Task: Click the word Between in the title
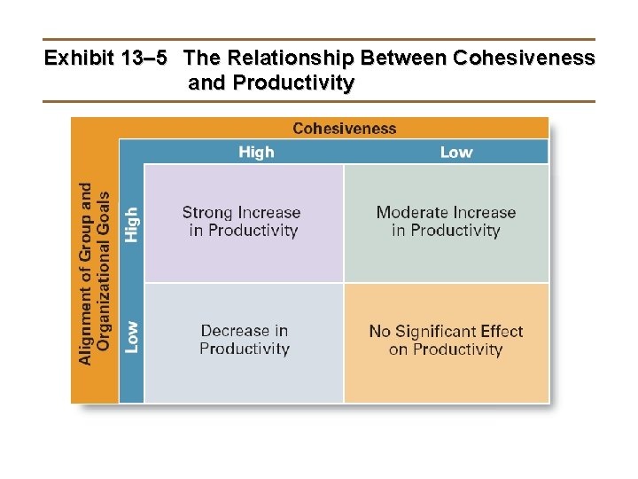click(x=402, y=59)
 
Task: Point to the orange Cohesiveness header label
click(x=345, y=129)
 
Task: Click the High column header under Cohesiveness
click(x=256, y=152)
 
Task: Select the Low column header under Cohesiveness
click(x=456, y=152)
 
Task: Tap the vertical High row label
click(x=131, y=224)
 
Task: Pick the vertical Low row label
click(x=131, y=337)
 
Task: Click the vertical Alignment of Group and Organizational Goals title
click(x=95, y=273)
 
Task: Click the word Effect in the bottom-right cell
click(x=503, y=331)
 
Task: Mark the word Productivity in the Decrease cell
click(x=245, y=349)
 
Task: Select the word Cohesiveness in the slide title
click(x=524, y=59)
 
